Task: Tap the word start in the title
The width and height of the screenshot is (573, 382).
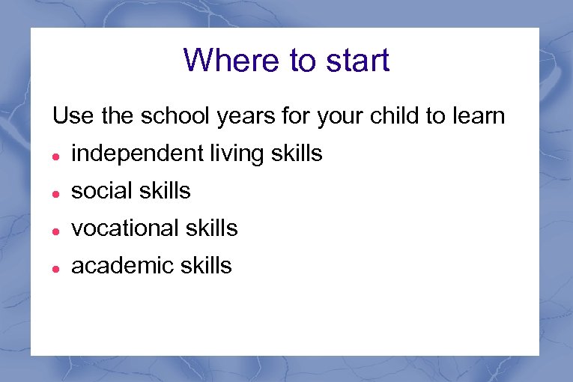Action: pyautogui.click(x=353, y=60)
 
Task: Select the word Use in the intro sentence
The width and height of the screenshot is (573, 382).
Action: pyautogui.click(x=69, y=116)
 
